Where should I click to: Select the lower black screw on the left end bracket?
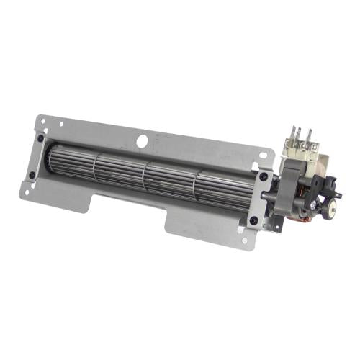click(32, 175)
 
